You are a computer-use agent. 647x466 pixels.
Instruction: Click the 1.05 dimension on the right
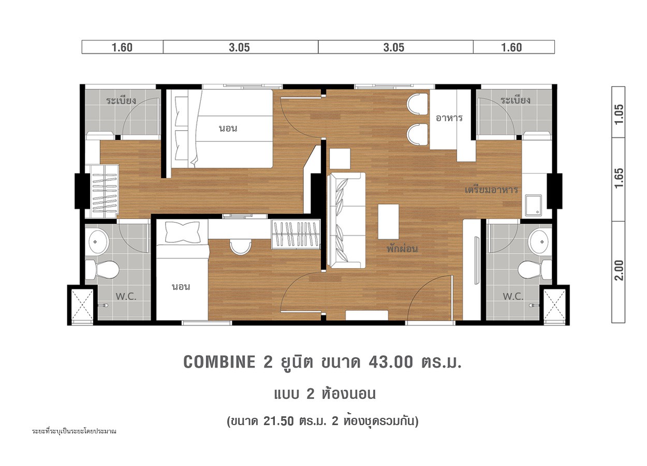tap(619, 114)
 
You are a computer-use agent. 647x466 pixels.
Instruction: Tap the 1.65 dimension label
tap(619, 178)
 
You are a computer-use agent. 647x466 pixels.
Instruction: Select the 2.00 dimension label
tap(619, 270)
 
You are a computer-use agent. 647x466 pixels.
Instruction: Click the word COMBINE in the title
tap(219, 362)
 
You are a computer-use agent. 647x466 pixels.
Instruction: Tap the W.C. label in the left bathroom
tap(126, 296)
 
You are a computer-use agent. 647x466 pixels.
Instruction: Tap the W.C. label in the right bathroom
tap(513, 296)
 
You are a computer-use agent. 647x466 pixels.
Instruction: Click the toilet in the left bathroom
tap(102, 270)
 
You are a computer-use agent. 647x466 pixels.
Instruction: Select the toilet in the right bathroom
tap(535, 270)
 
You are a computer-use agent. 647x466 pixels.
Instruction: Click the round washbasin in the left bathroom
tap(98, 241)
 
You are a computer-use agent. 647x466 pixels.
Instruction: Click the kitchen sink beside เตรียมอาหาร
tap(533, 205)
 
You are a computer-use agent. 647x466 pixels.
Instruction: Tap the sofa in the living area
tap(346, 221)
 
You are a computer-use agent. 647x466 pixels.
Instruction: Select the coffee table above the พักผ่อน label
tap(389, 222)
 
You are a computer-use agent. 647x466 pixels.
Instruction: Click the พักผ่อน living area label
tap(402, 249)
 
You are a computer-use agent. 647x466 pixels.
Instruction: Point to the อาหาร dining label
tap(449, 118)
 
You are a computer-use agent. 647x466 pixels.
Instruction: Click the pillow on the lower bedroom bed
tap(182, 232)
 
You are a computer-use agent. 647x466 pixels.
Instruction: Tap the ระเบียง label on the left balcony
tap(121, 100)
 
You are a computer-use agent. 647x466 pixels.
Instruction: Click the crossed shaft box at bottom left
tap(82, 305)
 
